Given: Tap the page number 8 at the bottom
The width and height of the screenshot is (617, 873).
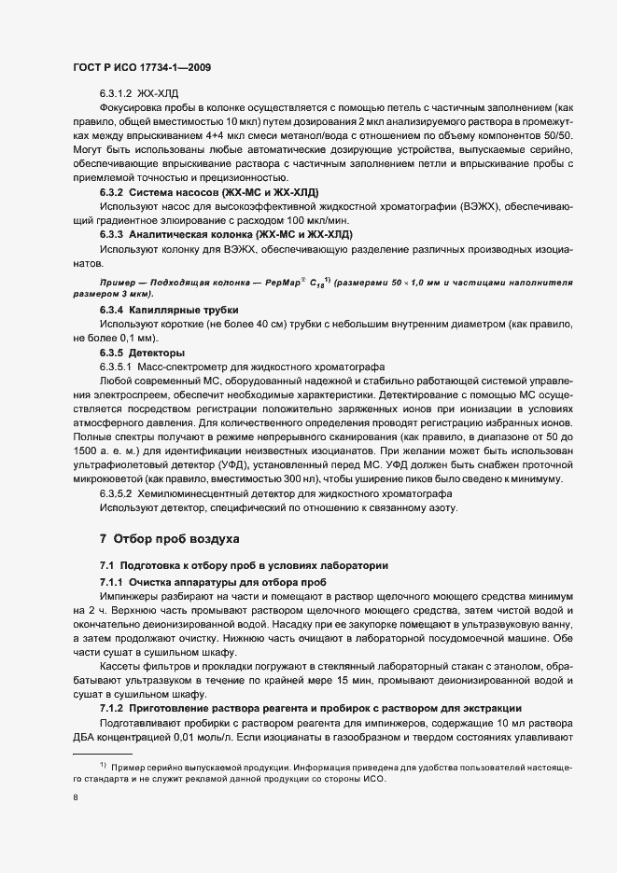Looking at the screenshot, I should [75, 797].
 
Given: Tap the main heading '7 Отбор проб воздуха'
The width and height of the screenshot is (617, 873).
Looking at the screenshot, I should [170, 539].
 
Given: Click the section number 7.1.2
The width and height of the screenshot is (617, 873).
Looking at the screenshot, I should [114, 708].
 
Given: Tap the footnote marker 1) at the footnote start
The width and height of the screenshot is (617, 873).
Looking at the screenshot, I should [91, 765].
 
